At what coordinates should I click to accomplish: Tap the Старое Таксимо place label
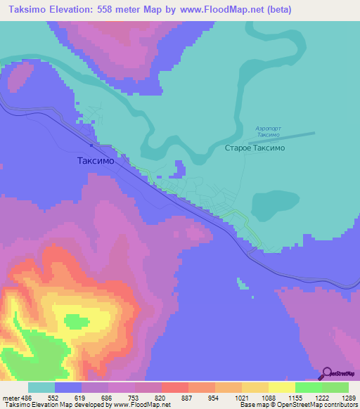254,148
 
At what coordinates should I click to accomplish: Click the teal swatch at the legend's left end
41,387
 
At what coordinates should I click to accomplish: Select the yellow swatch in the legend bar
282,387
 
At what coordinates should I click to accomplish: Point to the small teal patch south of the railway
243,284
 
